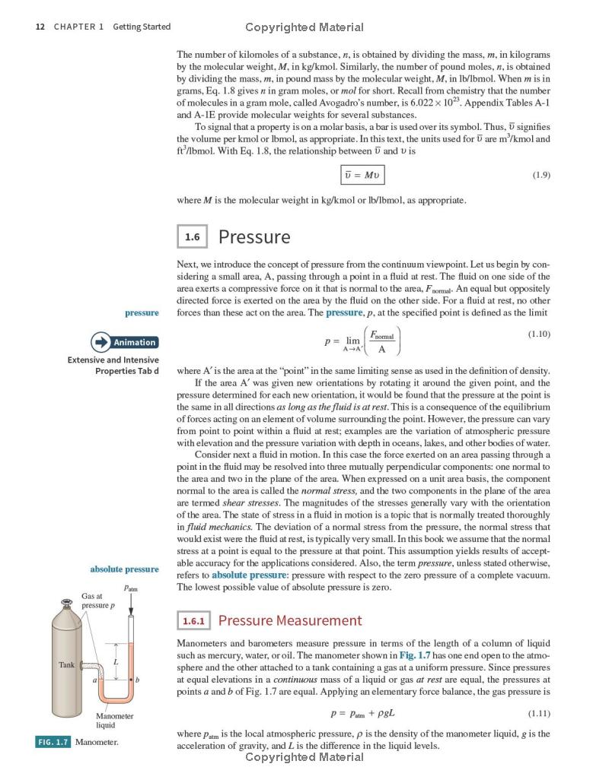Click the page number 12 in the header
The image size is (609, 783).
(40, 27)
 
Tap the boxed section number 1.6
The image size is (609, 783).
(192, 237)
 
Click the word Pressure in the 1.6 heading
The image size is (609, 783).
(254, 237)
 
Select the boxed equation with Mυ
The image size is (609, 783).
(362, 176)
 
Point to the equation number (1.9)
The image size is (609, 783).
(540, 176)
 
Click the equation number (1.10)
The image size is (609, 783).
(538, 334)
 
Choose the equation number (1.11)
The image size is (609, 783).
(538, 714)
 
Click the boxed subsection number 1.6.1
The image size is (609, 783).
(193, 621)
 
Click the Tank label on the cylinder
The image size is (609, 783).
(66, 664)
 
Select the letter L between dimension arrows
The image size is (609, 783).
(116, 662)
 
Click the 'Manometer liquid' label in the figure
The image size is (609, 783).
(114, 721)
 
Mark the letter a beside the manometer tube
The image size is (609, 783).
(95, 679)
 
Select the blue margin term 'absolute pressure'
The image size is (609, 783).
(124, 569)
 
